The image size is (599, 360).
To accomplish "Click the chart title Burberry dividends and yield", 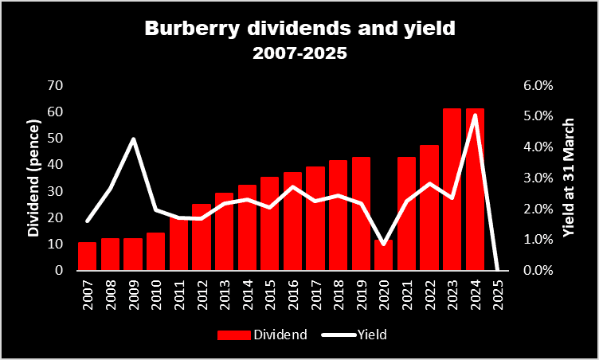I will point(299,29).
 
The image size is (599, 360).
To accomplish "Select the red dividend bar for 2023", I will point(452,190).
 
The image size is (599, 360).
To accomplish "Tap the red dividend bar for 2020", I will point(384,255).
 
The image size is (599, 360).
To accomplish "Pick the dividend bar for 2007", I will point(87,256).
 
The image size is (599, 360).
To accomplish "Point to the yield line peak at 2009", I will point(133,139).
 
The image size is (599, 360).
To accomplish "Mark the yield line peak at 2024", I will point(476,115).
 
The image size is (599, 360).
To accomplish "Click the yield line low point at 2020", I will point(384,244).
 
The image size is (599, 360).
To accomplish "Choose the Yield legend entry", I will point(357,335).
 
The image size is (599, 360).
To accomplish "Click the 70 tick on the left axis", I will point(57,85).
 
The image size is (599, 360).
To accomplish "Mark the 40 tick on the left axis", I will point(57,165).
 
